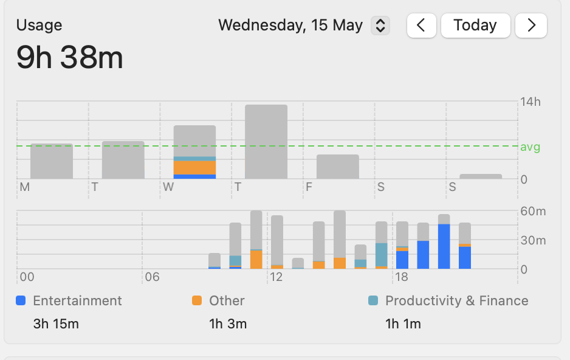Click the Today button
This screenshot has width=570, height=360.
pyautogui.click(x=475, y=26)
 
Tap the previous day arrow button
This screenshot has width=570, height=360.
pyautogui.click(x=422, y=26)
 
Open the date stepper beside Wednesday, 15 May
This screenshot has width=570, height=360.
pyautogui.click(x=380, y=26)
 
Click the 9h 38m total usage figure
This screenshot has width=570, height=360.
pyautogui.click(x=70, y=58)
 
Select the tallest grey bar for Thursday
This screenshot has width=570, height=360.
pyautogui.click(x=266, y=141)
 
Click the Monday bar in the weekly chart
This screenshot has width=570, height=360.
pyautogui.click(x=52, y=161)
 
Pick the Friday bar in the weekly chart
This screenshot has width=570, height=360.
pyautogui.click(x=338, y=167)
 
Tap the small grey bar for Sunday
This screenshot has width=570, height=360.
pyautogui.click(x=481, y=176)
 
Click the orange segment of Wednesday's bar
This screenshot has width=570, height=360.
pyautogui.click(x=195, y=167)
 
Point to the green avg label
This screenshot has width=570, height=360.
pyautogui.click(x=530, y=147)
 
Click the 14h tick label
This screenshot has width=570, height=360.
pyautogui.click(x=530, y=102)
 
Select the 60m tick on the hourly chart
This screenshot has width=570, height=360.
pyautogui.click(x=534, y=212)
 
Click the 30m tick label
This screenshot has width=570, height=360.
pyautogui.click(x=534, y=241)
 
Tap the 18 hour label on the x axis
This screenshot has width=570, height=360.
pyautogui.click(x=401, y=277)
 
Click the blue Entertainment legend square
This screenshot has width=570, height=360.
pyautogui.click(x=21, y=300)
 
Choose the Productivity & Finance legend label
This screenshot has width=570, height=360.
pyautogui.click(x=456, y=300)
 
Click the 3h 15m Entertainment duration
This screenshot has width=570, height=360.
pyautogui.click(x=56, y=324)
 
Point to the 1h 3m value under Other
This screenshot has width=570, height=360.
pyautogui.click(x=228, y=324)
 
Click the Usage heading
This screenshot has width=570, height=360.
pyautogui.click(x=39, y=26)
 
